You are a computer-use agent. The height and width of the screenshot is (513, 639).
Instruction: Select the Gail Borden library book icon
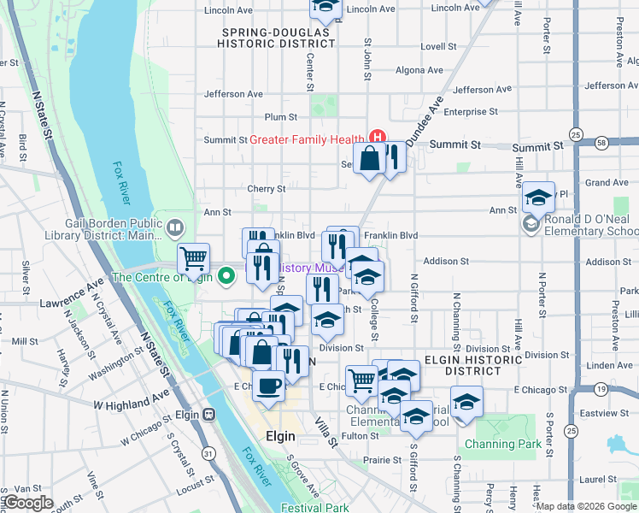point(174,228)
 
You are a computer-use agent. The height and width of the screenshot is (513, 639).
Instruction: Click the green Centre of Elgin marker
point(226,275)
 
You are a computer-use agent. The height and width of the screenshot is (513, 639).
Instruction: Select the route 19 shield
point(602,390)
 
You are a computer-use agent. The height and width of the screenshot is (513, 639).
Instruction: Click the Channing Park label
point(503,444)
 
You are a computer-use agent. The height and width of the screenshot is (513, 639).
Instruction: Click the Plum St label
point(280,117)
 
